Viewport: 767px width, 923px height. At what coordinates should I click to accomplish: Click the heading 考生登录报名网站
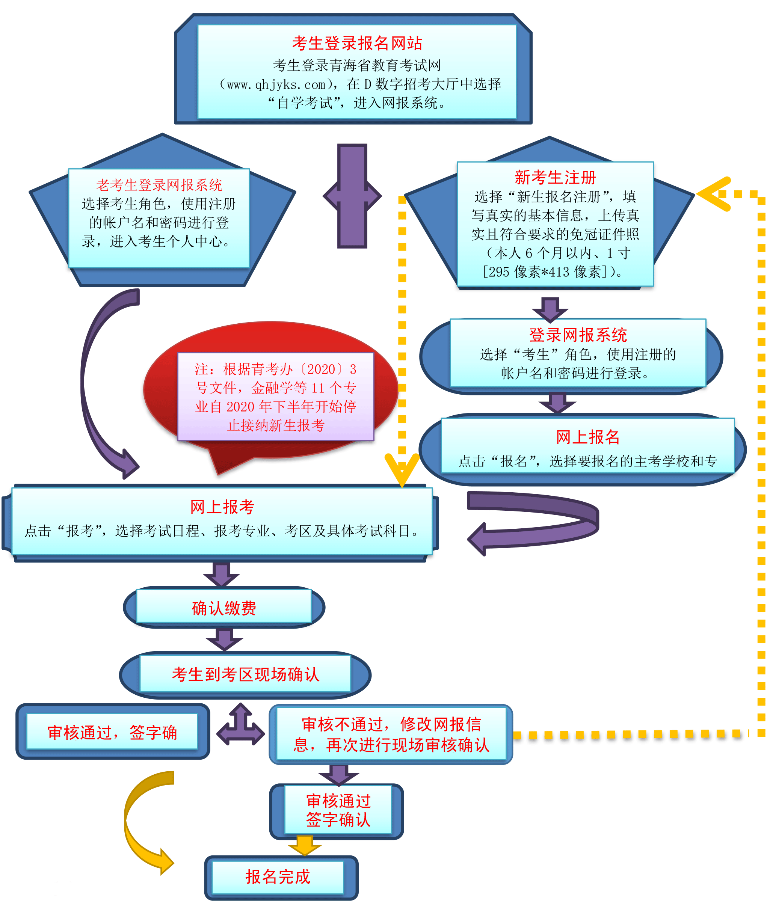[356, 43]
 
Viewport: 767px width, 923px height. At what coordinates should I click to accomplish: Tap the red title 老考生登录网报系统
[159, 185]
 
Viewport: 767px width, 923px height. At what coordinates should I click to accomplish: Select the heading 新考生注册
[555, 177]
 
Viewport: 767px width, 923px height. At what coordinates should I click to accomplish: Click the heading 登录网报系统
[578, 335]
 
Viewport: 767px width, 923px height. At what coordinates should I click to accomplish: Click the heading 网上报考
[222, 507]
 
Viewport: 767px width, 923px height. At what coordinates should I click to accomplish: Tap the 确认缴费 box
[224, 608]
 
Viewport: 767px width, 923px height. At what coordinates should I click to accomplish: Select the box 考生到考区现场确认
[245, 674]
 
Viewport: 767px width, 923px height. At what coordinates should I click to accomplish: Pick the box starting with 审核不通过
[391, 734]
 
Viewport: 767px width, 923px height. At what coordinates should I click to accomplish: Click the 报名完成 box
[278, 876]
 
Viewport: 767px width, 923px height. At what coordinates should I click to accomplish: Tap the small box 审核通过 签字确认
[338, 810]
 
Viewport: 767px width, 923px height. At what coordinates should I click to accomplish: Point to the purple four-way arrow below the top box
[352, 196]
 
